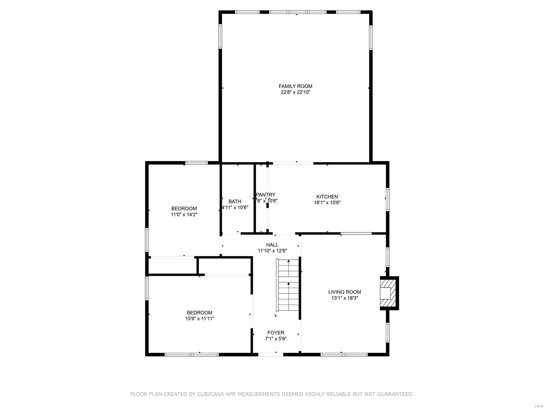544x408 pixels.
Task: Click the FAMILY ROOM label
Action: [295, 86]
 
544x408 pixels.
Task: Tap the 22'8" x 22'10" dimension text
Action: [295, 92]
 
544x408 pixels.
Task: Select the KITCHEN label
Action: [327, 197]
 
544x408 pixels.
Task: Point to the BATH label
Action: [235, 201]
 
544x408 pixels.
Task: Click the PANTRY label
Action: [266, 195]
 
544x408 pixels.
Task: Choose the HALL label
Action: [272, 245]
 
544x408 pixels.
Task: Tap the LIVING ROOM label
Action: [344, 292]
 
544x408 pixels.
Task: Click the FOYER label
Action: [276, 333]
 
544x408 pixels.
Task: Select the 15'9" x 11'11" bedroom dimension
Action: [200, 319]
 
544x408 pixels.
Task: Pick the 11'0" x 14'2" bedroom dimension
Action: [184, 215]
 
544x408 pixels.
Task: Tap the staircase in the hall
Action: [288, 285]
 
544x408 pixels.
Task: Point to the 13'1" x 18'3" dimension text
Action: [344, 298]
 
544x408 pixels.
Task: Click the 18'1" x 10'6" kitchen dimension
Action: [327, 203]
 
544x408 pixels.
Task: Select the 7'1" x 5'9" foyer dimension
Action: [276, 339]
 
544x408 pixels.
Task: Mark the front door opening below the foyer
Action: [271, 354]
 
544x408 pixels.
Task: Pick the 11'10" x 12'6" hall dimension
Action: [272, 251]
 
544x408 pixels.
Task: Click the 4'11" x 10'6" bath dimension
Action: [235, 207]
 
